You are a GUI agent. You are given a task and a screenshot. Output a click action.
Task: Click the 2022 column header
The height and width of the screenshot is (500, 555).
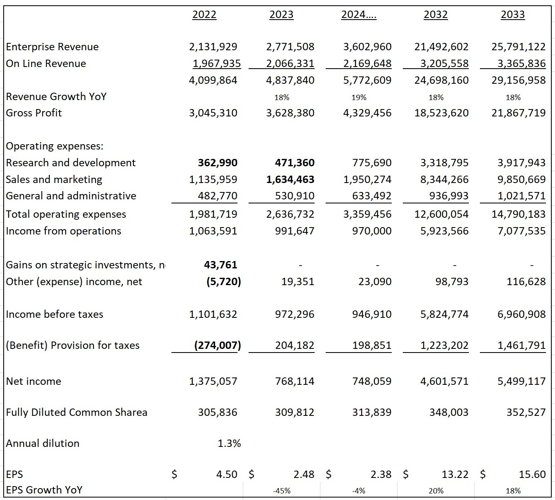[204, 15]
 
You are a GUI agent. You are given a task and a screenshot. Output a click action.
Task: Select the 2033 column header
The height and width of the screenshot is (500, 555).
[513, 15]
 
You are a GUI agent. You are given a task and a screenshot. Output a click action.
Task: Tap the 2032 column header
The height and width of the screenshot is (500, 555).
[435, 15]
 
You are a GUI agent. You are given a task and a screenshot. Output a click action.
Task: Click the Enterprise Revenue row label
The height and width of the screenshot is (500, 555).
[52, 47]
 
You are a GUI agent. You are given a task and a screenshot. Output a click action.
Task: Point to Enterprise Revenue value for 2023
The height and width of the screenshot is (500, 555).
[290, 47]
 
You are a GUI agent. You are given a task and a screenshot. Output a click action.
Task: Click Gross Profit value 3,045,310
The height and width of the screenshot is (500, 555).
[213, 113]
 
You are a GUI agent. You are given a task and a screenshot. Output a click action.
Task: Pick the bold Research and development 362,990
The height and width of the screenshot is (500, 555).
[218, 163]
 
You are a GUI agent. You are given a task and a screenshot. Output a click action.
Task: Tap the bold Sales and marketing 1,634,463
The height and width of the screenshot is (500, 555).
[290, 180]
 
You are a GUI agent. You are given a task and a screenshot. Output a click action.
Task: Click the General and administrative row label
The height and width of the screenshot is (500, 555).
[71, 196]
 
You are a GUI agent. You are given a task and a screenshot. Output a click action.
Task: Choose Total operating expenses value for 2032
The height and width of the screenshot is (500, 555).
[442, 214]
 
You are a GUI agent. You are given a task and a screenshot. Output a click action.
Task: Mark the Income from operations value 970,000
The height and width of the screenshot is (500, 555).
[371, 231]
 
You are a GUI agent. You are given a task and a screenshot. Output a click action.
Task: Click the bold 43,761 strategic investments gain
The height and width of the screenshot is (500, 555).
[220, 265]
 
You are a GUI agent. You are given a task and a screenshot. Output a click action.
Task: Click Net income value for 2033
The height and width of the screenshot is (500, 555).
[522, 382]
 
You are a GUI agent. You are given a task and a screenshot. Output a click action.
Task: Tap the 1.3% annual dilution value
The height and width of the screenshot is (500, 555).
[229, 444]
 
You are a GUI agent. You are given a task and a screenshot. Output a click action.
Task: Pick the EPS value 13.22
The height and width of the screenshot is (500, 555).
[455, 475]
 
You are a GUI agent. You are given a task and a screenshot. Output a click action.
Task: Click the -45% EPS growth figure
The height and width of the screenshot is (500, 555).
[282, 491]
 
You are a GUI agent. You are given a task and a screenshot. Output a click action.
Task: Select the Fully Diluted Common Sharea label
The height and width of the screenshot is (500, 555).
[77, 413]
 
